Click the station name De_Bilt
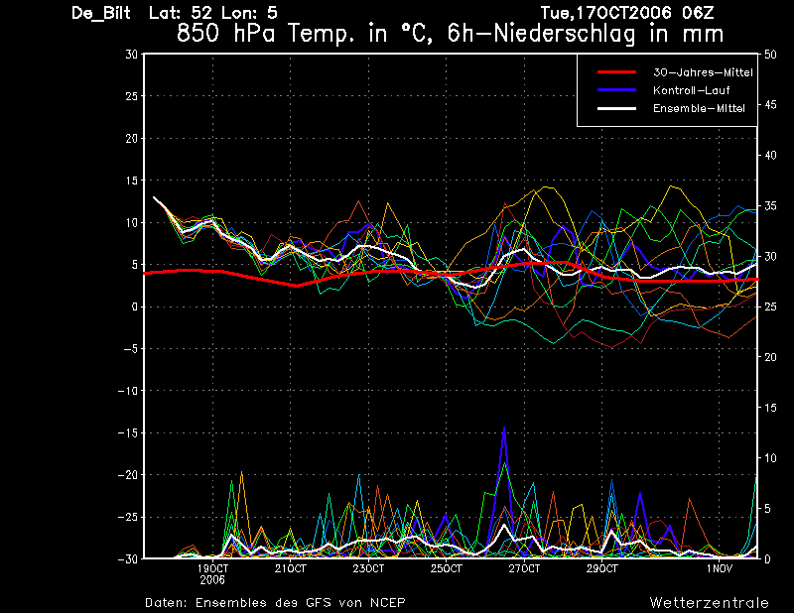click(x=101, y=13)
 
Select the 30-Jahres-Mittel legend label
click(x=703, y=72)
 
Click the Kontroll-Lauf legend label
click(x=691, y=90)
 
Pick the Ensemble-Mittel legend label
click(x=699, y=108)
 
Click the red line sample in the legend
click(x=616, y=72)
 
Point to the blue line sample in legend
click(x=616, y=90)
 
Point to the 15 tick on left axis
click(x=131, y=181)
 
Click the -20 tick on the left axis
click(x=128, y=475)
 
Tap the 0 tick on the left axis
click(x=134, y=306)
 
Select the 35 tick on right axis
click(x=770, y=206)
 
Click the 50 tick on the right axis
click(x=770, y=55)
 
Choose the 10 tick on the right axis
click(x=770, y=458)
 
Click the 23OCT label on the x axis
click(x=368, y=569)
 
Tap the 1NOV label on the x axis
click(x=720, y=569)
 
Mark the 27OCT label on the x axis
click(x=524, y=569)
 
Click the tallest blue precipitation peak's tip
click(x=504, y=428)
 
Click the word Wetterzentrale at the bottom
click(x=710, y=603)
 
